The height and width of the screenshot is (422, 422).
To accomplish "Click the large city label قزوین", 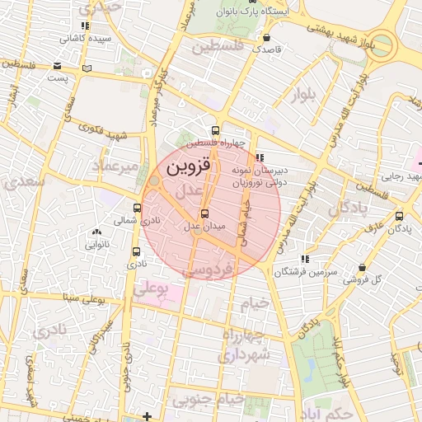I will pyautogui.click(x=189, y=166).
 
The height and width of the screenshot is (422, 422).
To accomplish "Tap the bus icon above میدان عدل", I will pyautogui.click(x=204, y=214).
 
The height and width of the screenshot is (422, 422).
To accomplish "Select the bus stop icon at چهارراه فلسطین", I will pyautogui.click(x=216, y=130).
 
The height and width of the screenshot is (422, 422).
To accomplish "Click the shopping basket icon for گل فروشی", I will pyautogui.click(x=363, y=268).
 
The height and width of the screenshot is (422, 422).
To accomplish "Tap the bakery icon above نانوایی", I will pyautogui.click(x=97, y=233).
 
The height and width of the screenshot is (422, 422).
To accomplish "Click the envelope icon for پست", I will pyautogui.click(x=56, y=66).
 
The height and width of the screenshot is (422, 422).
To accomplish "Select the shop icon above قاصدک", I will pyautogui.click(x=265, y=38).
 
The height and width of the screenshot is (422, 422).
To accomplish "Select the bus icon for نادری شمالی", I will pyautogui.click(x=137, y=208).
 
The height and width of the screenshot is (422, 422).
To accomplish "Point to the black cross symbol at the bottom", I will pyautogui.click(x=147, y=415).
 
